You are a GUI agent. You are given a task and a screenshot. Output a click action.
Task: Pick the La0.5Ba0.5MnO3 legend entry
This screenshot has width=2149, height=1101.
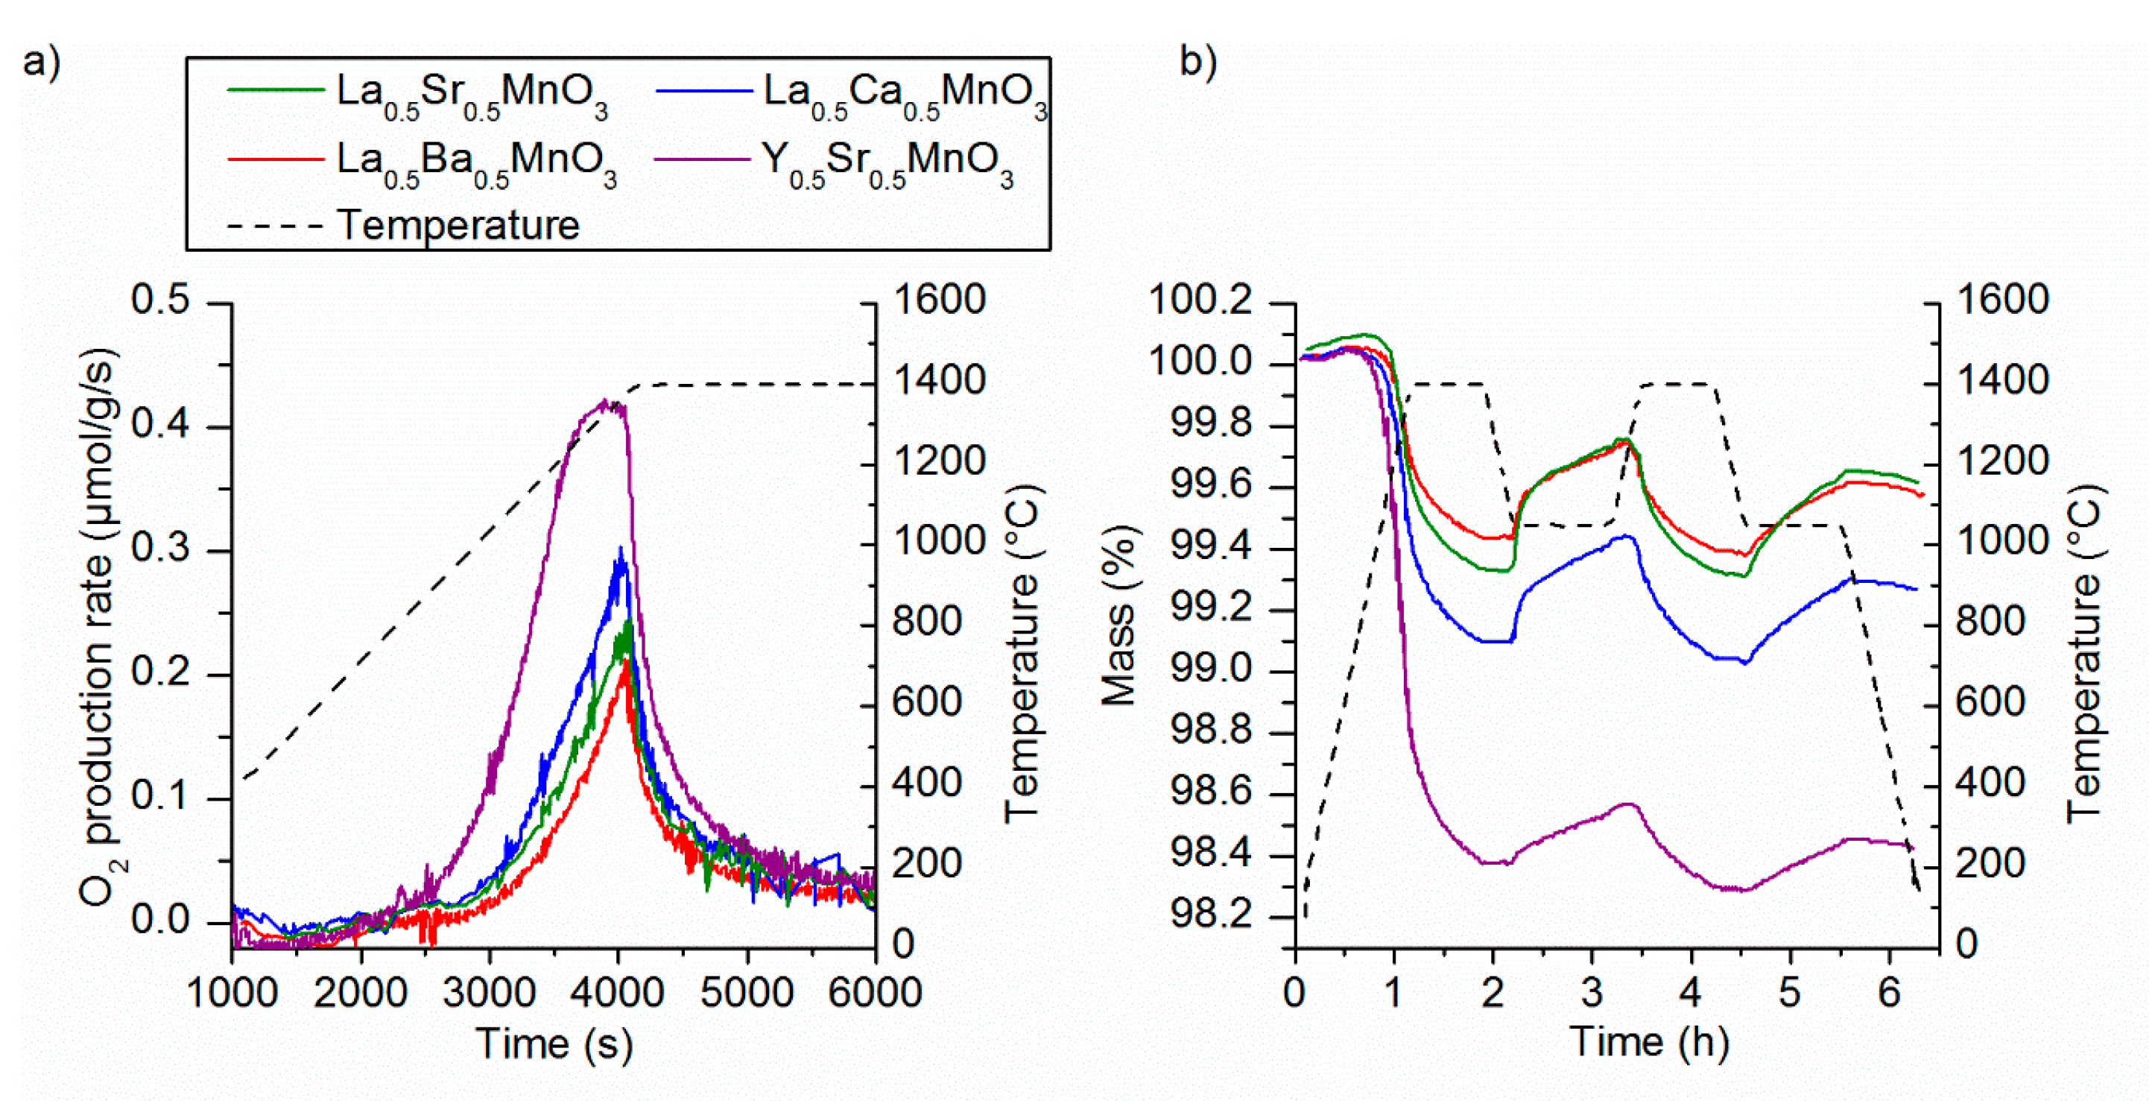pyautogui.click(x=475, y=160)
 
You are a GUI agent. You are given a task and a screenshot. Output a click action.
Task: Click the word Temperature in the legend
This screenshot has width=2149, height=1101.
pyautogui.click(x=458, y=225)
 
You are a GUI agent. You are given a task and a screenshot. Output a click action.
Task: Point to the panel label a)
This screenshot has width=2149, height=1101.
pyautogui.click(x=42, y=63)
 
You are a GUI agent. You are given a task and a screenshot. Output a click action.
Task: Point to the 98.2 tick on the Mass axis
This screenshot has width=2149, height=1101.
pyautogui.click(x=1212, y=915)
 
